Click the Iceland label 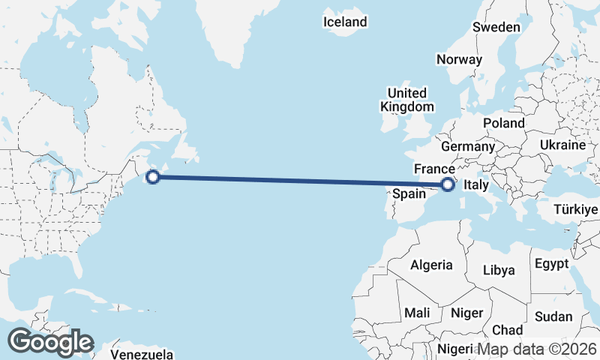[345, 22]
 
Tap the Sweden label [496, 27]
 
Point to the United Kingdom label [406, 100]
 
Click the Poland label [504, 123]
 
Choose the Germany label [467, 145]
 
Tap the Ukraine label [562, 145]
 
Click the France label [434, 168]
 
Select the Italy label [477, 184]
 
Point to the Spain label [409, 193]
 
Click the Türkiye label [576, 209]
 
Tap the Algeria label [431, 265]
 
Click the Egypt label [551, 265]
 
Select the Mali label [416, 312]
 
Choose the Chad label [508, 330]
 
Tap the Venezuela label [142, 354]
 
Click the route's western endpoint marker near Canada [153, 177]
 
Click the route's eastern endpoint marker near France [448, 184]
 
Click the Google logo [50, 342]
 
